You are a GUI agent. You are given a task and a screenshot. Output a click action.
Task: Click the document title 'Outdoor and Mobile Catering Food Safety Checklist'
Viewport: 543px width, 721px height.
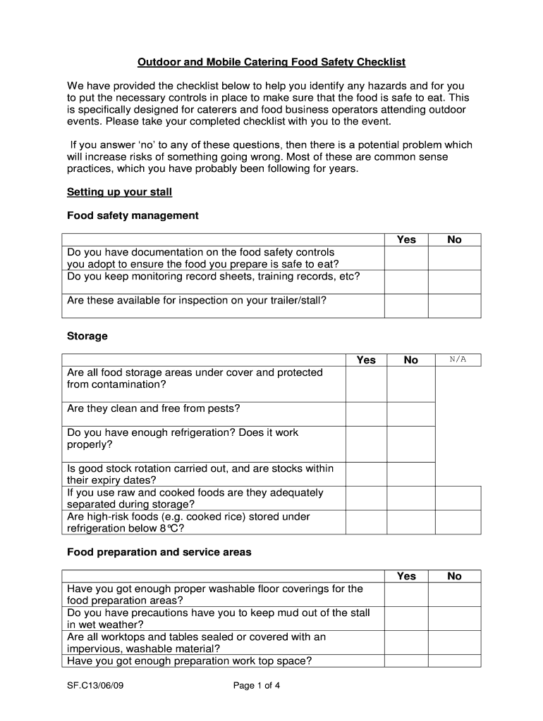[271, 63]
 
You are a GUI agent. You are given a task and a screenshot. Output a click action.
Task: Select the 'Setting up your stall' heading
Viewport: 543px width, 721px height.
[119, 192]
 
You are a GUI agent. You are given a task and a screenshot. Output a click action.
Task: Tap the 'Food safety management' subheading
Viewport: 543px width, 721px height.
[133, 215]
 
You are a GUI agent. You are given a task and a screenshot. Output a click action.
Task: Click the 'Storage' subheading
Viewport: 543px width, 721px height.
[87, 336]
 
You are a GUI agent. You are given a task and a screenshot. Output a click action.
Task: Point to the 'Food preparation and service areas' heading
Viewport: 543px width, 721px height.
[159, 552]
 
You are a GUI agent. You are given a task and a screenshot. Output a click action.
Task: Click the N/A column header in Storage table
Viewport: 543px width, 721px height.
[458, 360]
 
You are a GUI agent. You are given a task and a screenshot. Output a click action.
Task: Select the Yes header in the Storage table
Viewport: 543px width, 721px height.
[366, 360]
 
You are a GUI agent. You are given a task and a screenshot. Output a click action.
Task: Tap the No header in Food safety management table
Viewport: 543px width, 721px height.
[454, 239]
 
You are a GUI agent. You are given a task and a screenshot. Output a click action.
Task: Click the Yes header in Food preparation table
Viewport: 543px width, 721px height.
[406, 576]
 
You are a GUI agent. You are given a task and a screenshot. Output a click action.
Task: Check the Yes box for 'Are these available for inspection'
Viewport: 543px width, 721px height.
[406, 306]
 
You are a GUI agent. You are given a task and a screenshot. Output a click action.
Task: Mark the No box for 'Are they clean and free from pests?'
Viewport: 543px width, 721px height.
[411, 414]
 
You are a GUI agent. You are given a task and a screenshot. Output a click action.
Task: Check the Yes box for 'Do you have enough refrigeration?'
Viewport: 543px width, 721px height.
[366, 444]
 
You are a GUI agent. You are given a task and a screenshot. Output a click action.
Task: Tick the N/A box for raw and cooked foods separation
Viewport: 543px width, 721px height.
[458, 498]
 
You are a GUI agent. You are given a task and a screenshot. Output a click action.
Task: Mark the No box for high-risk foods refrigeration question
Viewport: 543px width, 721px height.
[411, 522]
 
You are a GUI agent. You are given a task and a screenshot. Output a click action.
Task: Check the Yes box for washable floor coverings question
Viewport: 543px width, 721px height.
[406, 594]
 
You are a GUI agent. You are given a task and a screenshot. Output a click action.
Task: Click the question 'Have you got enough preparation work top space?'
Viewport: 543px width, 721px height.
[189, 660]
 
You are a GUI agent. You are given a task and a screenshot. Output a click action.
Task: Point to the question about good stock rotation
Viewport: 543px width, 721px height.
[200, 474]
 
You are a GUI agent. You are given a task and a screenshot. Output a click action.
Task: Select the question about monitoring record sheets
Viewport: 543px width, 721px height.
[213, 276]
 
